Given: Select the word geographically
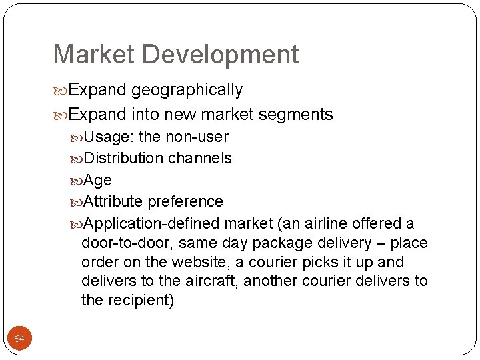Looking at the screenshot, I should pos(187,90).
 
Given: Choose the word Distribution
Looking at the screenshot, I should pos(124,159).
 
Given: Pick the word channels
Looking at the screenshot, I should pos(200,159).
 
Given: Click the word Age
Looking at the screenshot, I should pos(98,181).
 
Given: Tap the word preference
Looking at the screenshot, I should pos(185,201).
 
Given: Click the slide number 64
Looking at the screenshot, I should pos(19,339).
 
